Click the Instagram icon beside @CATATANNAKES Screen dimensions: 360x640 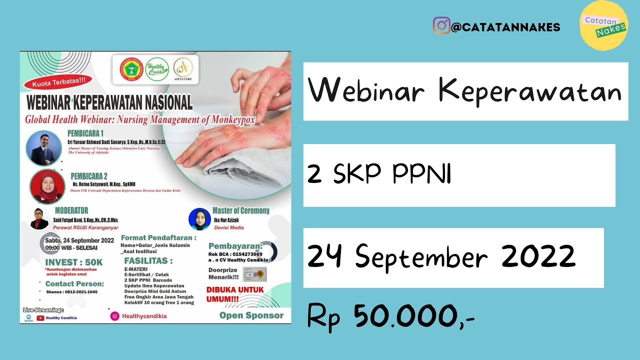coord(441,25)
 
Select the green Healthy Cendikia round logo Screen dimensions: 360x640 coord(157,69)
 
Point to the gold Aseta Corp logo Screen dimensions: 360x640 coord(183,68)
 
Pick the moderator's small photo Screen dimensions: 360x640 coord(39,218)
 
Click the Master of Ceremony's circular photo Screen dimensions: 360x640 coord(199,219)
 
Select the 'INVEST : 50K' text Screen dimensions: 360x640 coord(74,262)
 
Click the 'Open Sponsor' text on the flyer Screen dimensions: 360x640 coord(251,315)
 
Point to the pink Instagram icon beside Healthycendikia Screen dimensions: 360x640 coord(115,316)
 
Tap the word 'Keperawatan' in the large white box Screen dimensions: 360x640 coord(529,91)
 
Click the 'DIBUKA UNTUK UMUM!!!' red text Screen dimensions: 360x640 coord(228,293)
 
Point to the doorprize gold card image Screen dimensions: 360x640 coord(254,273)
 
